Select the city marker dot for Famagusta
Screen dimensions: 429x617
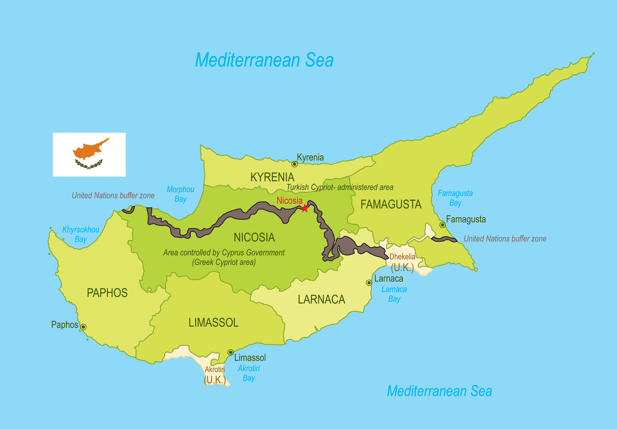click(442, 225)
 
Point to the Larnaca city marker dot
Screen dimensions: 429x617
click(369, 283)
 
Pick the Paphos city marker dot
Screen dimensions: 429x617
click(83, 327)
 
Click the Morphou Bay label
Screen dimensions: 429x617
click(180, 194)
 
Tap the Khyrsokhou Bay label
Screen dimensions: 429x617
click(80, 234)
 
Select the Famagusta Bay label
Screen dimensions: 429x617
click(455, 198)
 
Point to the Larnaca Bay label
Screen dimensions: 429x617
click(394, 294)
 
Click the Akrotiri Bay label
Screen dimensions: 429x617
click(249, 373)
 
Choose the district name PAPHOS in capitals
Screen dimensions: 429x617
click(107, 293)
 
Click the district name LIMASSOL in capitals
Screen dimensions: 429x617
click(213, 323)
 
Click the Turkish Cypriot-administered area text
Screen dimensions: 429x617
click(340, 187)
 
